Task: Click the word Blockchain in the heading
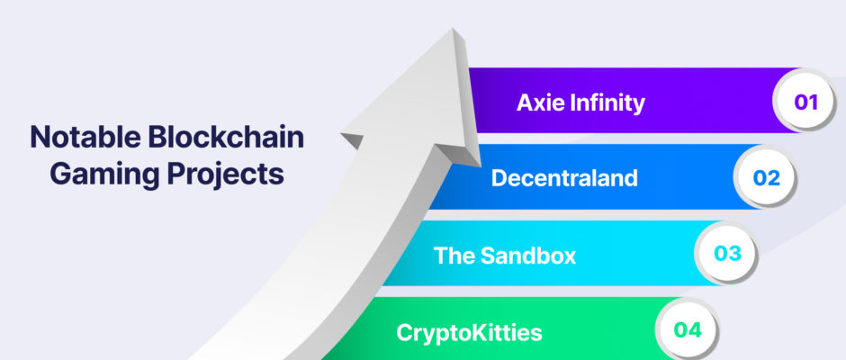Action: pos(226,137)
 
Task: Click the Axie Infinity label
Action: pos(580,103)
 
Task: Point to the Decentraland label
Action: pos(564,178)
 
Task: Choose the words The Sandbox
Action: pos(505,255)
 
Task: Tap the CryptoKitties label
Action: pos(469,332)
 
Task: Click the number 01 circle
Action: pos(806,102)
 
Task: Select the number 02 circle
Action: pos(767,178)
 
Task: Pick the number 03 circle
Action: pos(728,254)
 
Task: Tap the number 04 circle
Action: pos(688,330)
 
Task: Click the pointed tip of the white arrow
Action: pos(454,29)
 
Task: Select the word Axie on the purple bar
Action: pos(541,102)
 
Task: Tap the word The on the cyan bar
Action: pos(454,255)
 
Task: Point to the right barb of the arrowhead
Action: pos(460,154)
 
